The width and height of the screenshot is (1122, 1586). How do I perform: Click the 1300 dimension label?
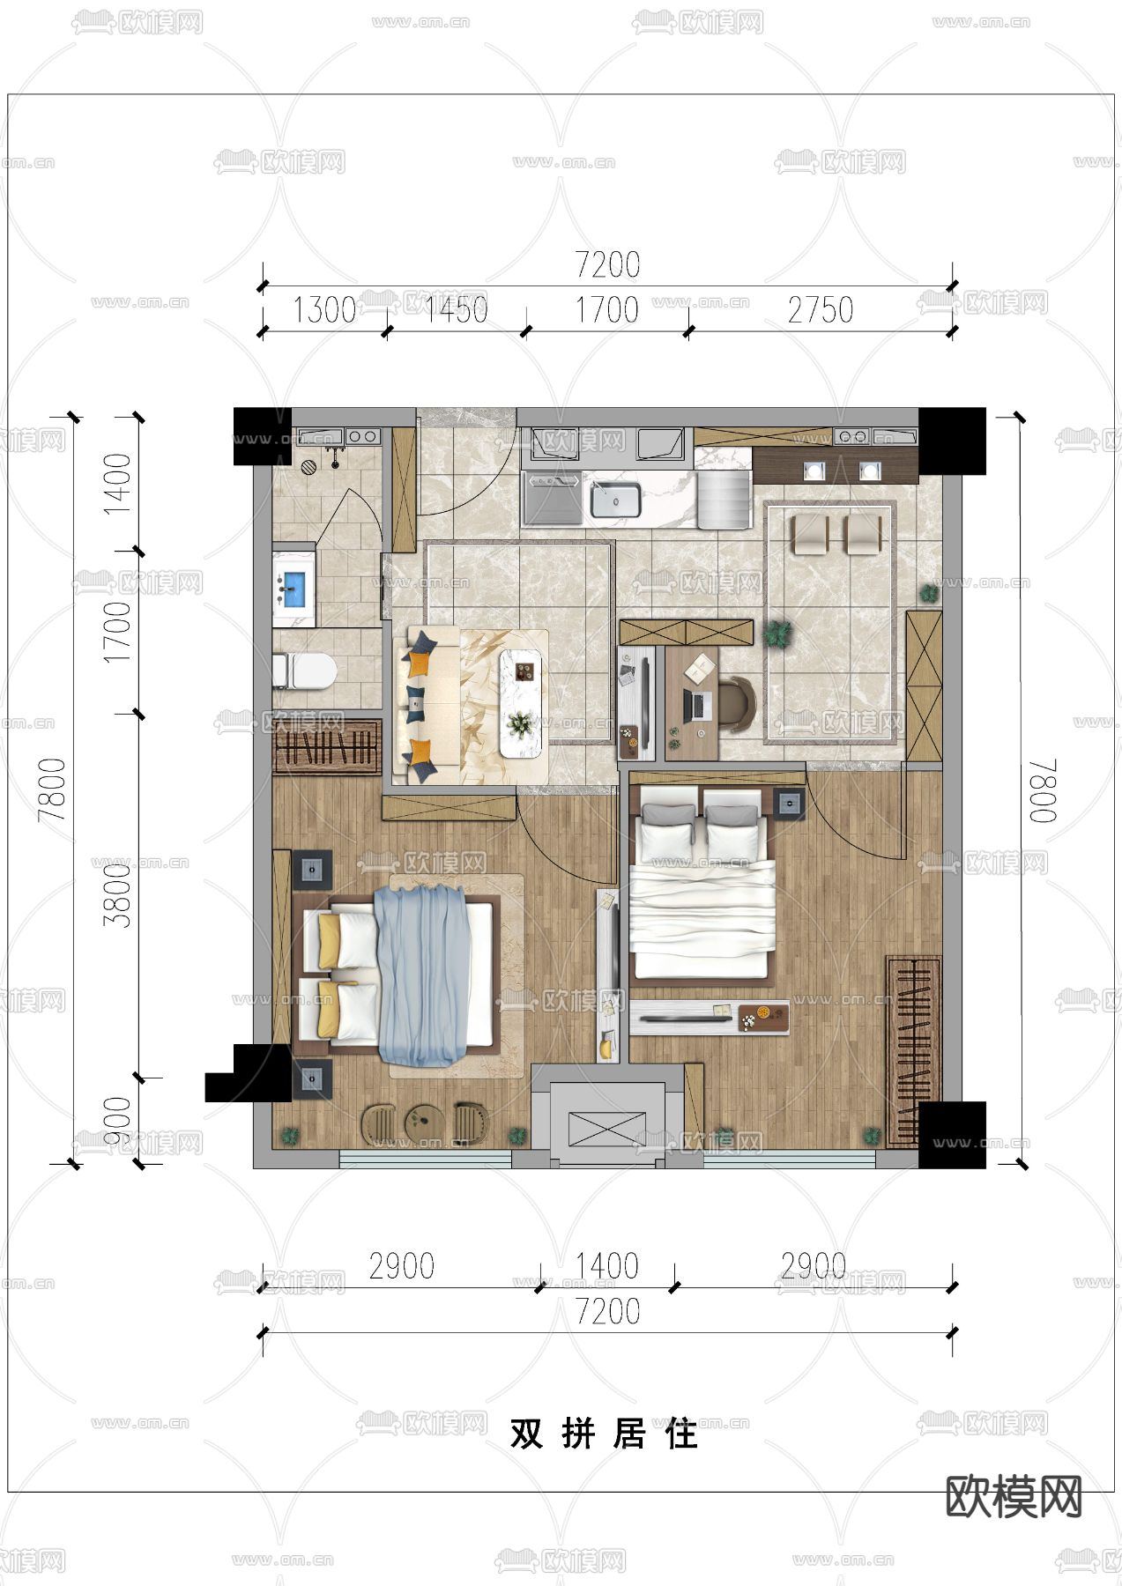323,310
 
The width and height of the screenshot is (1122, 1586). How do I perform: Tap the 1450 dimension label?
456,310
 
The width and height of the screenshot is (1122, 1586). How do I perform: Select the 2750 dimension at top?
821,310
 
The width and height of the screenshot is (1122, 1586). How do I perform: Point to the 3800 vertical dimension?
116,894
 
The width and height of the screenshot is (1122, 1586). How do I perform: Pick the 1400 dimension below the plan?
607,1266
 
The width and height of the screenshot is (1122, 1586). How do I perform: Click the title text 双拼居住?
605,1434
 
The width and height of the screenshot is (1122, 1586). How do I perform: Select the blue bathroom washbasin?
294,589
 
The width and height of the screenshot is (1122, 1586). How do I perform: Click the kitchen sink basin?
615,500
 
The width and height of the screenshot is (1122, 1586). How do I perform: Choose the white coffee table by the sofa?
522,702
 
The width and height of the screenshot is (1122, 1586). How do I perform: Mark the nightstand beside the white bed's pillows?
789,803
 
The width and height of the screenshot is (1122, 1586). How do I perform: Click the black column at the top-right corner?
952,441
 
